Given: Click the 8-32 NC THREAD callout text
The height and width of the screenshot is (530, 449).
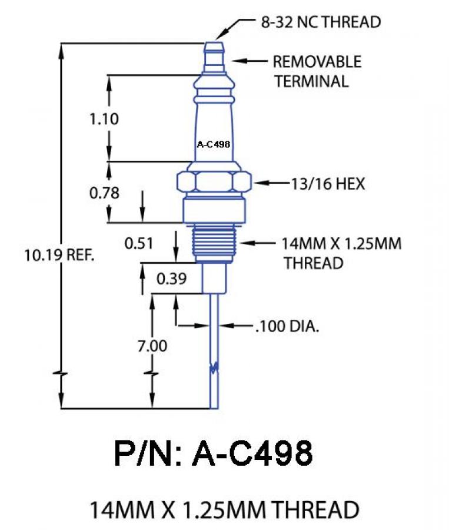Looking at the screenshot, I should point(321,22).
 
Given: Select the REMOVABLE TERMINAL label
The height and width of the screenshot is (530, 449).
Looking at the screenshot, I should point(317,71).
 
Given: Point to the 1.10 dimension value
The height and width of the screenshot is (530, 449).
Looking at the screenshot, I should point(104,119).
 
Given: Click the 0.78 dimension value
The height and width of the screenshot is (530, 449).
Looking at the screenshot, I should point(104,193).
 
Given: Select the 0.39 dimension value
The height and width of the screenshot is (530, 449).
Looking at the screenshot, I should point(171,279).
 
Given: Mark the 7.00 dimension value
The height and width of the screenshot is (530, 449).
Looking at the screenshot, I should point(152,346).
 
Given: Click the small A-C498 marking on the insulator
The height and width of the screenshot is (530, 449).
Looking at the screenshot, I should point(212,143).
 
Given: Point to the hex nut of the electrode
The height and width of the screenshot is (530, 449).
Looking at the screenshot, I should point(214,183).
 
